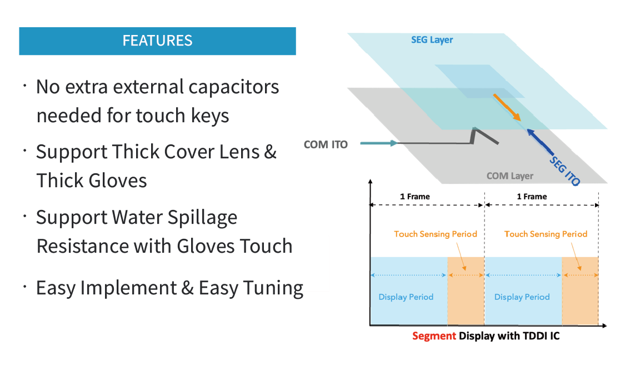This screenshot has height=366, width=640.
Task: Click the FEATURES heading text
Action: click(157, 41)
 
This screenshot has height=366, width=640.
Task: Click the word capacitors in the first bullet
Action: click(233, 87)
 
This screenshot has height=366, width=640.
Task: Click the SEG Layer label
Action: click(432, 40)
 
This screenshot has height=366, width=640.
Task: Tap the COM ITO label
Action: click(326, 144)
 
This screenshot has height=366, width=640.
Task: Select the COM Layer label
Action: click(510, 176)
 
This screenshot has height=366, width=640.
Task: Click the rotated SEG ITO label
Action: click(565, 171)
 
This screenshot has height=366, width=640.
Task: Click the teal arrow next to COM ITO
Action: click(378, 143)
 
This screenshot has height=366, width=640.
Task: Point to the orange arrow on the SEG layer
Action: click(507, 107)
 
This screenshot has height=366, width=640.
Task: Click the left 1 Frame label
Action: click(414, 197)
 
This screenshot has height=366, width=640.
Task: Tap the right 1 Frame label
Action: click(532, 197)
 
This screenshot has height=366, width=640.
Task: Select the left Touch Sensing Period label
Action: click(436, 234)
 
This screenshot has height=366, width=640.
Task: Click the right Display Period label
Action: click(522, 297)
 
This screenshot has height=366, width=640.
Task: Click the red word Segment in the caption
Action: click(434, 336)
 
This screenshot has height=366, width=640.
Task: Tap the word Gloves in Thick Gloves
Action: click(118, 181)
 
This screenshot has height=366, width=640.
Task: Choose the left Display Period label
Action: click(406, 297)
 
